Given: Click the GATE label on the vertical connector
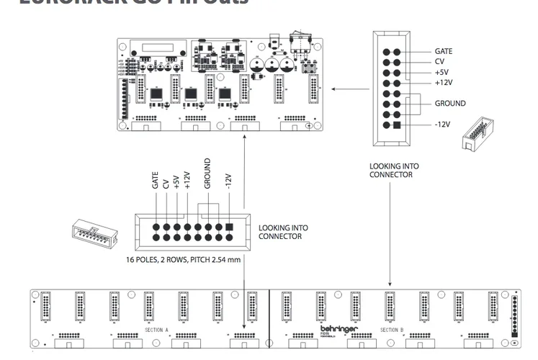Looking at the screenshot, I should click(444, 51).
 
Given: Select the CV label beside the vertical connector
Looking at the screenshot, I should click(439, 62).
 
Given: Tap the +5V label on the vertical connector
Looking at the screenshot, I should click(441, 72).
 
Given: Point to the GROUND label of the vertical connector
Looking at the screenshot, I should click(450, 104).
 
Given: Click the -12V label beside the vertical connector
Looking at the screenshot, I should click(442, 125).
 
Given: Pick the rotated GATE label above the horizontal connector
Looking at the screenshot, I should click(155, 181).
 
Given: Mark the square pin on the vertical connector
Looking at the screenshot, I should click(395, 125).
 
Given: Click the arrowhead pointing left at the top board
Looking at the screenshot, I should click(334, 89).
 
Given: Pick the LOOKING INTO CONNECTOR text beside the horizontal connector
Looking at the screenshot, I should click(282, 232).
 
